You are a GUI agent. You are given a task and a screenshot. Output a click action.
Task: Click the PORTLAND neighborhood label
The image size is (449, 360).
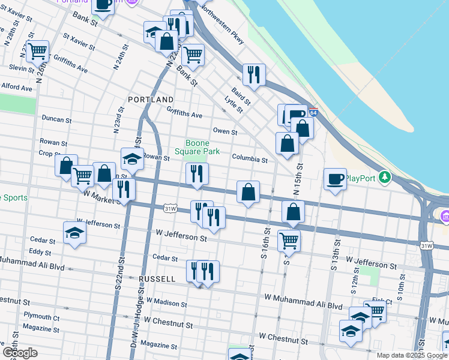[x=151, y=99]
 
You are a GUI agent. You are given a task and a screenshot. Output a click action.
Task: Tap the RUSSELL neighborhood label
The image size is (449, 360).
[x=157, y=279]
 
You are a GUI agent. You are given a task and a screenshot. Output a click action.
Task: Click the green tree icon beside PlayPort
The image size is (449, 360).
[x=387, y=178]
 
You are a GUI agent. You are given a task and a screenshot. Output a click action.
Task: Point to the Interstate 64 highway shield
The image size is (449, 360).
[x=313, y=112]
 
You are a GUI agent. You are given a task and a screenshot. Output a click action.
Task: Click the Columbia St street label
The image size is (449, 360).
[x=250, y=160]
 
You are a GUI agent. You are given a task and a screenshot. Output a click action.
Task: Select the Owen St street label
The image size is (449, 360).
[x=225, y=131]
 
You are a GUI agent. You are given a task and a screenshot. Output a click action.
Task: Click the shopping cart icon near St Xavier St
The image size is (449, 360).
[x=37, y=52]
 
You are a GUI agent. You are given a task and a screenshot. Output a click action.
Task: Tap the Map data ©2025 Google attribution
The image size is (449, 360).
[x=412, y=355]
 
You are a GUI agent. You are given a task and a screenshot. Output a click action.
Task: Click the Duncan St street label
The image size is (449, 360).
[x=57, y=119]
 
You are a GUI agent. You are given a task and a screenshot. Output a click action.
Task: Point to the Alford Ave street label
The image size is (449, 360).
[x=17, y=88]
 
